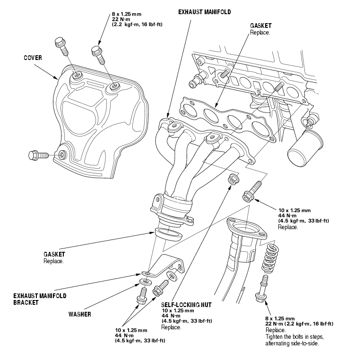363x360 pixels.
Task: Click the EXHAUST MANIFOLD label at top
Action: pos(204,12)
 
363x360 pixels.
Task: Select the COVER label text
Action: pos(33,58)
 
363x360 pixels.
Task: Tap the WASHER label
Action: pos(79,314)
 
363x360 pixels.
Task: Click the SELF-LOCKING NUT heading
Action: pos(186,305)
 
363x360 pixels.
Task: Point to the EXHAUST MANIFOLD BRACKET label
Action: pos(40,299)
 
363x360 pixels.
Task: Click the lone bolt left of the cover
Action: pos(38,155)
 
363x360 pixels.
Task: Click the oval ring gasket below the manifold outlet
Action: pos(168,233)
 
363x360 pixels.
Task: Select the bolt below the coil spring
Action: pos(262,289)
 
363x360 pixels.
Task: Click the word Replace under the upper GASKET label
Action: pos(260,33)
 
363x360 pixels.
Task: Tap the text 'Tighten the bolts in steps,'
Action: pos(294,336)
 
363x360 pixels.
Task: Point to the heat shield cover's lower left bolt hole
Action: pos(62,154)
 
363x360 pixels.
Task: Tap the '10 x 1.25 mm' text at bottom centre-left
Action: pos(131,330)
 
